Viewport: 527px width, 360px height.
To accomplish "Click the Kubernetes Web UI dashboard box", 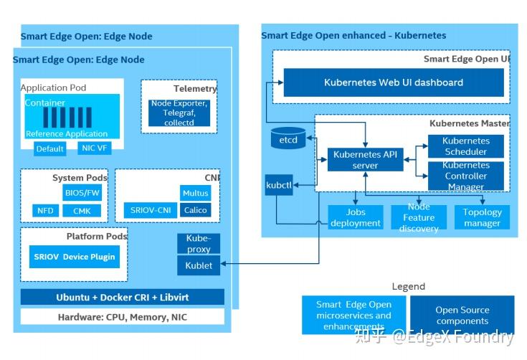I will pyautogui.click(x=394, y=82).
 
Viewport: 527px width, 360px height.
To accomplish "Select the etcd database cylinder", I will pyautogui.click(x=288, y=138).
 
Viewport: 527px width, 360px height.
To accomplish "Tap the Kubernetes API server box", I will pyautogui.click(x=365, y=160).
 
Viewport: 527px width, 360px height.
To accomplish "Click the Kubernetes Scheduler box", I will pyautogui.click(x=465, y=146).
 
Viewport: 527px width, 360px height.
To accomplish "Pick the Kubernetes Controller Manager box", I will pyautogui.click(x=465, y=176).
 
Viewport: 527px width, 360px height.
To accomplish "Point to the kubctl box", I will pyautogui.click(x=278, y=184).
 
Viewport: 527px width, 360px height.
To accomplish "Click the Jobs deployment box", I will pyautogui.click(x=356, y=217).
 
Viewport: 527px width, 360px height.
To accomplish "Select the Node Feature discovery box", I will pyautogui.click(x=418, y=217).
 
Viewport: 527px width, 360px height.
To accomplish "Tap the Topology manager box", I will pyautogui.click(x=482, y=217).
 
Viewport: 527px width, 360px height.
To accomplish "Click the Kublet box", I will pyautogui.click(x=199, y=265).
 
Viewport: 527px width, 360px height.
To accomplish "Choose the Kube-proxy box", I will pyautogui.click(x=199, y=244).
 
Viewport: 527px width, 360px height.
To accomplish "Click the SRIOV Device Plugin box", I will pyautogui.click(x=74, y=256).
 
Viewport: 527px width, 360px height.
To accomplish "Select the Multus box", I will pyautogui.click(x=195, y=193).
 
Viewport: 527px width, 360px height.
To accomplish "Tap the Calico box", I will pyautogui.click(x=195, y=210).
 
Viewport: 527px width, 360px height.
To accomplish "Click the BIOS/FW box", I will pyautogui.click(x=82, y=193).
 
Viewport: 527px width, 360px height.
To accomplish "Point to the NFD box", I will pyautogui.click(x=44, y=211).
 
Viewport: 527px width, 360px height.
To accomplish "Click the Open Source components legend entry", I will pyautogui.click(x=462, y=316).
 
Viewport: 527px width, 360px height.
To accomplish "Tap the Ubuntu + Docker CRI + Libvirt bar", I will pyautogui.click(x=122, y=297).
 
